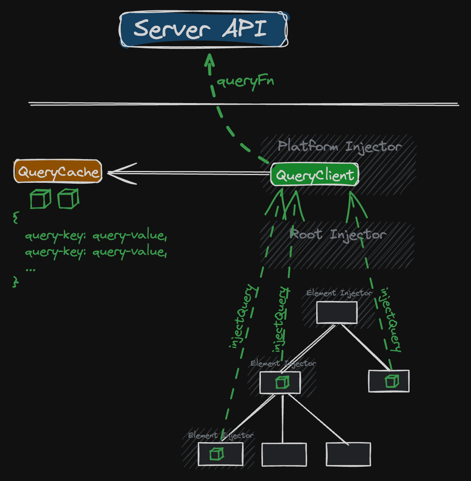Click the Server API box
point(204,29)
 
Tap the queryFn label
point(245,81)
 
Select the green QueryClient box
point(315,175)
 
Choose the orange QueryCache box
point(58,171)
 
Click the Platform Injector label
point(339,146)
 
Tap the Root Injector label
point(337,234)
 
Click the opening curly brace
point(16,217)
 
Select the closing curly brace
point(16,281)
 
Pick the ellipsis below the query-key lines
point(30,269)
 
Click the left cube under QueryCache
point(40,199)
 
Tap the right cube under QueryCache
point(68,199)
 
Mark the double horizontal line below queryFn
point(244,104)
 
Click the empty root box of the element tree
point(337,312)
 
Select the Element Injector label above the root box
point(339,293)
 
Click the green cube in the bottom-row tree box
point(217,454)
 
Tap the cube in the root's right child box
point(392,381)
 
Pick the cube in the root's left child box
point(282,382)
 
